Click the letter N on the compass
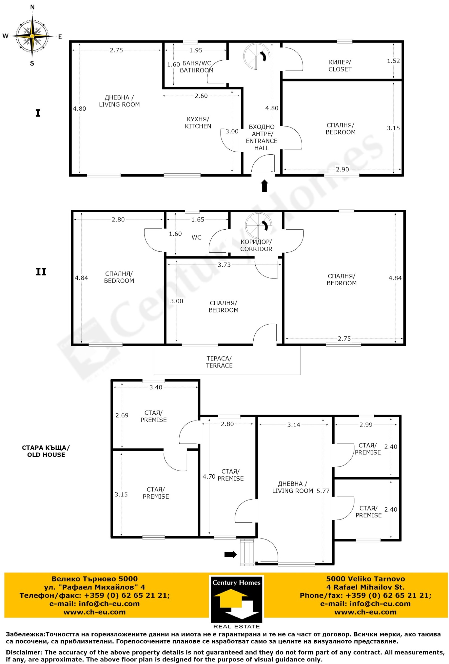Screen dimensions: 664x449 tap(32, 7)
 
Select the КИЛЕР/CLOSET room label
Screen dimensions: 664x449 tap(340, 65)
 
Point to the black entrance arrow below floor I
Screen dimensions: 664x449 tap(264, 186)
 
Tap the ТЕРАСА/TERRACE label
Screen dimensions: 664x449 tap(219, 362)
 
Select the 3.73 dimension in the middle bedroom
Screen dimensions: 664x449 tap(224, 265)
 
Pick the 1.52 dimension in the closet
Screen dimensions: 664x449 tap(393, 61)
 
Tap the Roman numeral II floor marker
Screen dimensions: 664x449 tap(41, 272)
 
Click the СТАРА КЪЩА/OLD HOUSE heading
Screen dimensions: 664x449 tap(46, 451)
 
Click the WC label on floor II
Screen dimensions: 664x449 tap(196, 238)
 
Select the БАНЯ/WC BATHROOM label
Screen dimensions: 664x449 tap(196, 67)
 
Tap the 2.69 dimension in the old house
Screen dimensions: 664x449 tap(122, 415)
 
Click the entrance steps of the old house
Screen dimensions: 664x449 tap(247, 552)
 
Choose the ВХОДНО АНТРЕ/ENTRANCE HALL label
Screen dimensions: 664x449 tap(261, 137)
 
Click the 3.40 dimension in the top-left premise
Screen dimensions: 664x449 tap(156, 387)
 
